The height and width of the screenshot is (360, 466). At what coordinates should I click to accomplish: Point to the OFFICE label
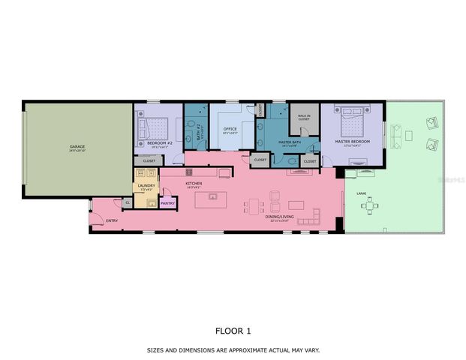[230, 129]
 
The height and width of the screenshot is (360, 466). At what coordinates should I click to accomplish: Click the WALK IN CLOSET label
[303, 117]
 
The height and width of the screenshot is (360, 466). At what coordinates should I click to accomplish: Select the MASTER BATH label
[289, 142]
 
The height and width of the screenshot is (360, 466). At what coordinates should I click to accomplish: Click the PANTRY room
[167, 202]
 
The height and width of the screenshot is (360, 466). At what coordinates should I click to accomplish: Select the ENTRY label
[111, 220]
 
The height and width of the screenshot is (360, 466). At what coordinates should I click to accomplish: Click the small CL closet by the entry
[128, 202]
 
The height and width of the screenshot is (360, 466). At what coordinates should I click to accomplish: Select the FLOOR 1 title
[233, 330]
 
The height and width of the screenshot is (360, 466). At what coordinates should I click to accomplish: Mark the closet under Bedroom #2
[149, 160]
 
